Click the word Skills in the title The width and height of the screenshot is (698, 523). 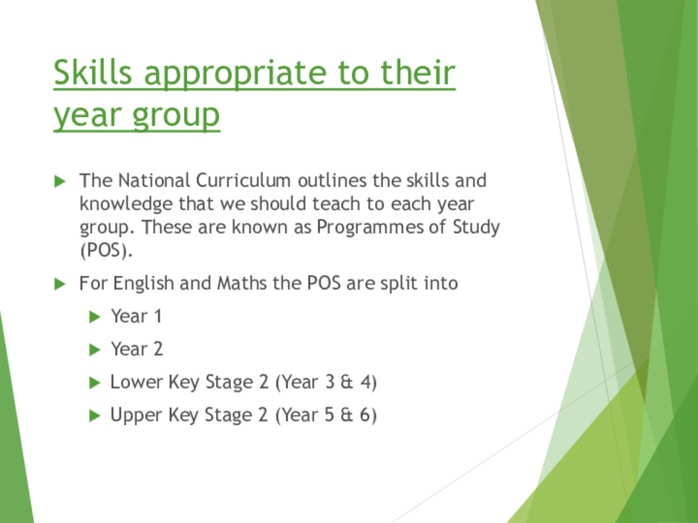pos(93,72)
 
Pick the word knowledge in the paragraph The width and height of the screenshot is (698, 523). pos(126,204)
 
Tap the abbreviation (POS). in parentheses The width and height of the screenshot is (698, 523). pos(106,251)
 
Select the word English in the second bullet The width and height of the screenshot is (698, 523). pos(143,283)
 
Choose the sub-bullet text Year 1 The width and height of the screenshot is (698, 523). pos(136,317)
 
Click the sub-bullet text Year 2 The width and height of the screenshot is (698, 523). pos(137,349)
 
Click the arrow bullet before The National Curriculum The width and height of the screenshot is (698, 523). pos(59,182)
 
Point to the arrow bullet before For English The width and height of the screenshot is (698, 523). pos(59,284)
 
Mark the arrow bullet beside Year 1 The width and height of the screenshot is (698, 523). pos(95,317)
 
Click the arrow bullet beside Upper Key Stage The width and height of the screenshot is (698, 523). pos(95,416)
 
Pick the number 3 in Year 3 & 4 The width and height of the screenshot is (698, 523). pos(330,382)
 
